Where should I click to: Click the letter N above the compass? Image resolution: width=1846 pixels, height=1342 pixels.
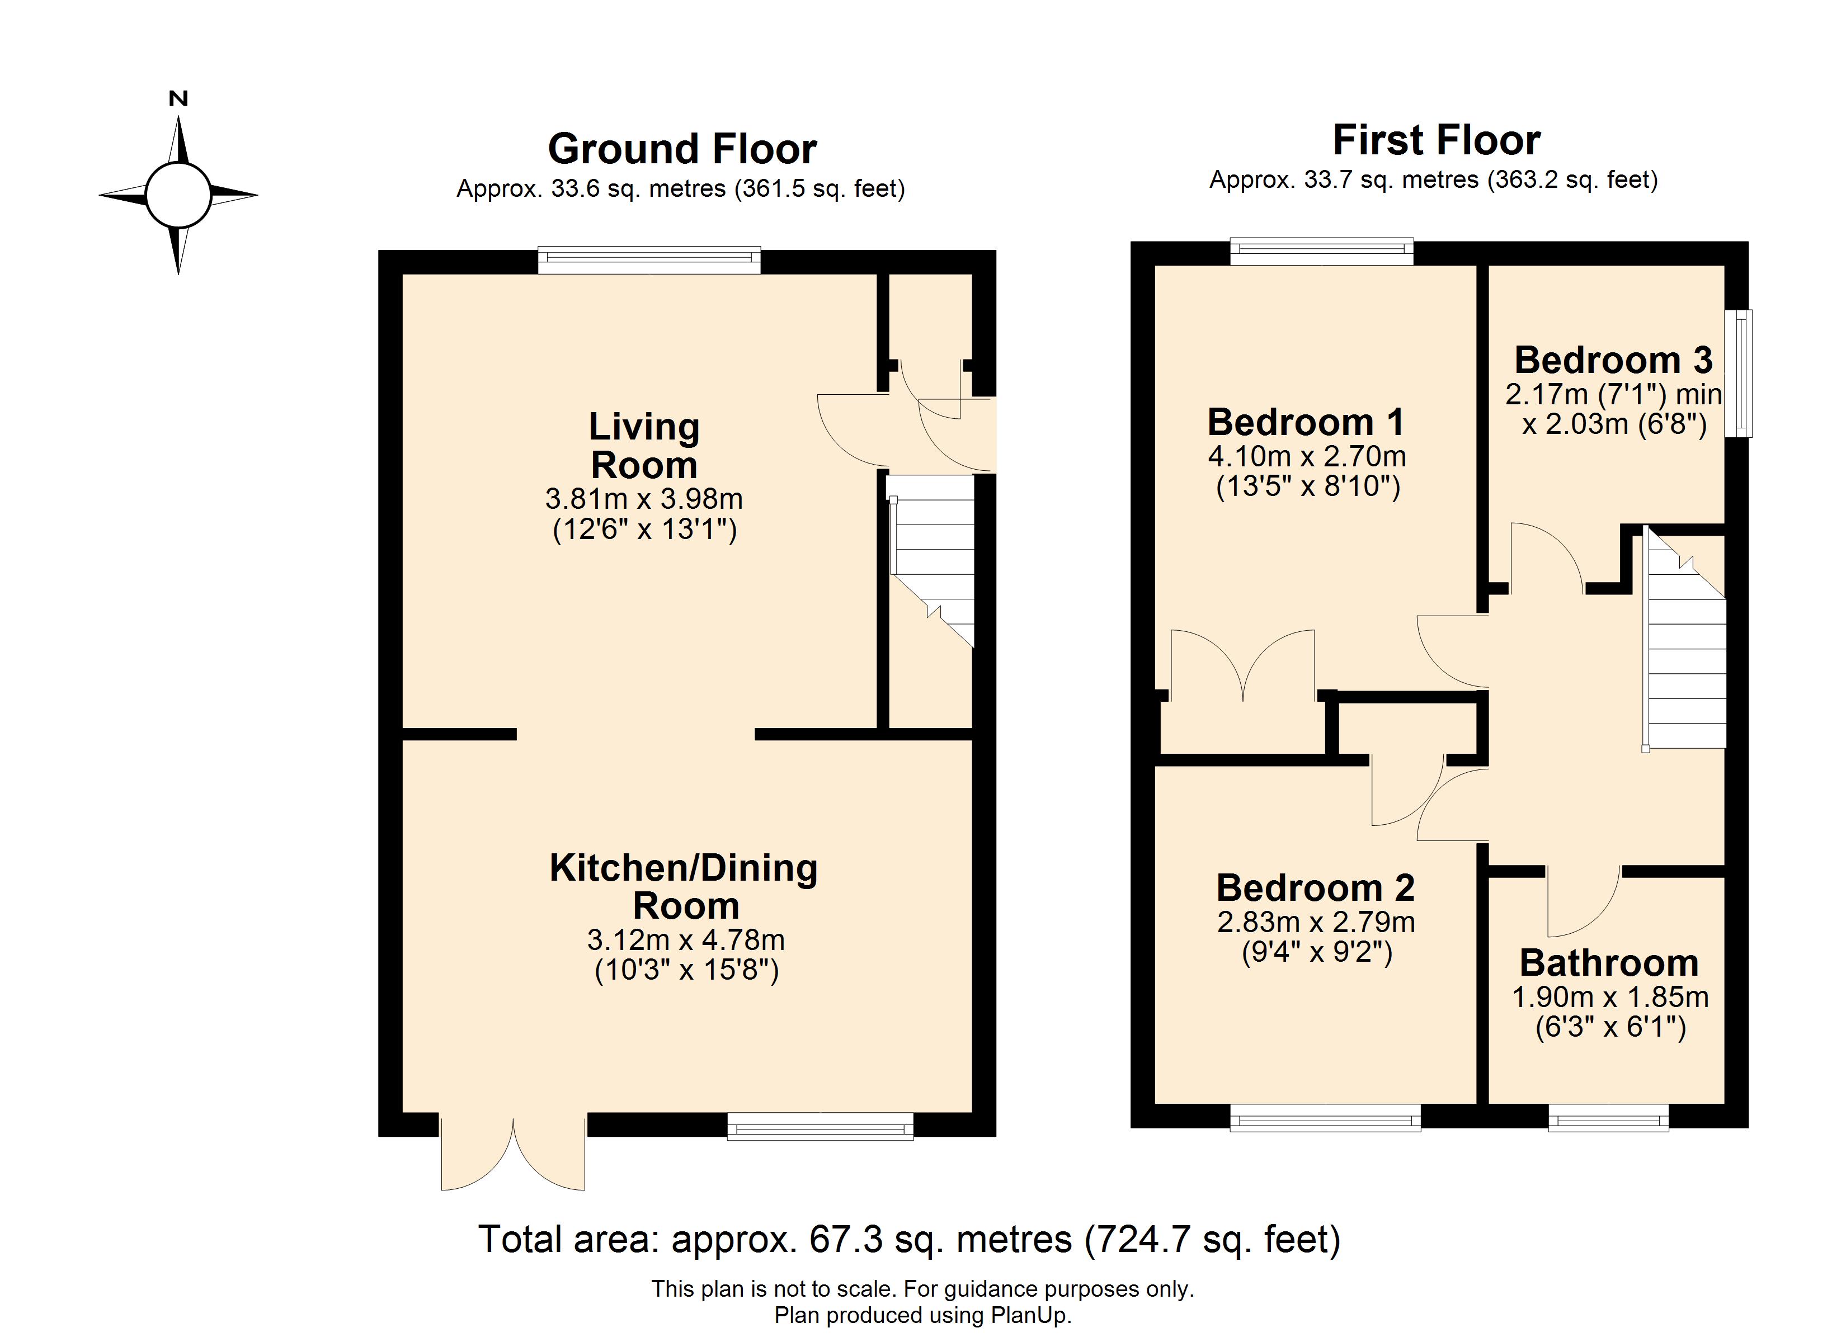(x=178, y=98)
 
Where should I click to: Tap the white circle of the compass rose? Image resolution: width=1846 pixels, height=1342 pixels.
(x=178, y=195)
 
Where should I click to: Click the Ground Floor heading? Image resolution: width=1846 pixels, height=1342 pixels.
(x=682, y=149)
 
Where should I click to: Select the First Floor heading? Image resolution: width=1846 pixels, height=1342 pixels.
(x=1436, y=140)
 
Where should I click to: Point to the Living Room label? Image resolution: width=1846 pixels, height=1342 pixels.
(x=644, y=445)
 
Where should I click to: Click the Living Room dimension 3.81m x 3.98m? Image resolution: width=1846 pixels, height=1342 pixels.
(x=644, y=498)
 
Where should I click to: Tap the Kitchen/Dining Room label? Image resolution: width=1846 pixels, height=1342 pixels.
(x=684, y=886)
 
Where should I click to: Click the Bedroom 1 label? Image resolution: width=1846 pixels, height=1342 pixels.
(x=1306, y=422)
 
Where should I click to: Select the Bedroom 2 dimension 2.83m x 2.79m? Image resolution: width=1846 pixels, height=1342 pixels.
(x=1316, y=922)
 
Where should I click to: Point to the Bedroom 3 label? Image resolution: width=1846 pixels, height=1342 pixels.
(x=1613, y=360)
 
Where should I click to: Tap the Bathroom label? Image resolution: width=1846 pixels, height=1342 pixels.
(x=1609, y=963)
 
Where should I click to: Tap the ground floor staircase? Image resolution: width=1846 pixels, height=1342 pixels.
(x=930, y=561)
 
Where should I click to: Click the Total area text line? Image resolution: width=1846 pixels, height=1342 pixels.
(x=909, y=1240)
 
